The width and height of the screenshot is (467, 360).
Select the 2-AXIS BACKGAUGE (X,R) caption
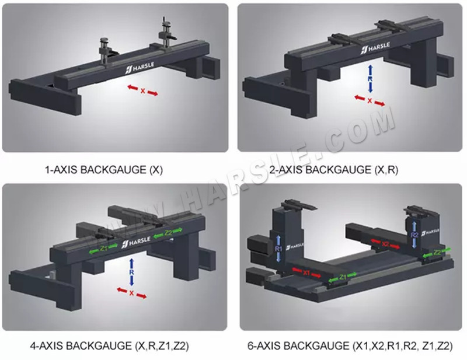tap(342, 170)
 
